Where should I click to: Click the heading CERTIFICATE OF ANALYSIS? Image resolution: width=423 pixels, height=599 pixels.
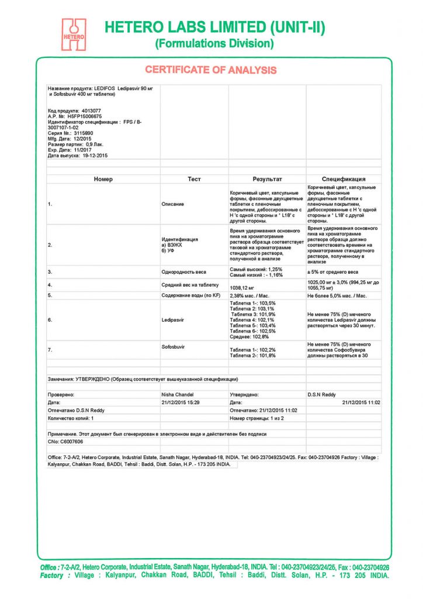click(211, 70)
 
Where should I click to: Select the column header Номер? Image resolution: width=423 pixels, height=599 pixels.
click(103, 179)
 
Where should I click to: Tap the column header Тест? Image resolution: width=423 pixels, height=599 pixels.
click(194, 179)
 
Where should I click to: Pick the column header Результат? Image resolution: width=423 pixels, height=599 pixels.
click(267, 179)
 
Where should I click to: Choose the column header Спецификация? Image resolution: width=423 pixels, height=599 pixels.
click(344, 179)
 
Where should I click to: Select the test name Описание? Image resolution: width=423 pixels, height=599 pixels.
click(172, 204)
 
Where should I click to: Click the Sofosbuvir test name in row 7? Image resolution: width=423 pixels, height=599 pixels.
click(173, 347)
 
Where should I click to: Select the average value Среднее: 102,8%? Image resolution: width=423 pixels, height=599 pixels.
click(249, 337)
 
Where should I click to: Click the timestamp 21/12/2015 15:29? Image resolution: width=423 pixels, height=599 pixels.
click(180, 402)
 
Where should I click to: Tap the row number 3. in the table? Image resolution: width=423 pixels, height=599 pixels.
click(50, 272)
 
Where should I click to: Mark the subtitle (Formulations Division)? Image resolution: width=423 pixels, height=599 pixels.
click(214, 43)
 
